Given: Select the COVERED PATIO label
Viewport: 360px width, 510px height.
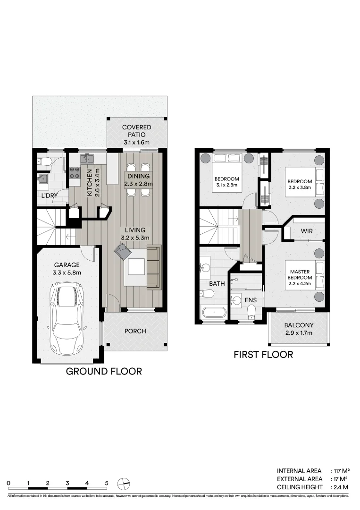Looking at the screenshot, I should pyautogui.click(x=136, y=131).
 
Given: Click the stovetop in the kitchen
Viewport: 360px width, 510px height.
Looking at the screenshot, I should pyautogui.click(x=75, y=173).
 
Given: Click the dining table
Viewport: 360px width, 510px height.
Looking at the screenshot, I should pyautogui.click(x=138, y=180).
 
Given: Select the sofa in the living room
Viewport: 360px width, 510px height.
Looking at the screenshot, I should pyautogui.click(x=154, y=267).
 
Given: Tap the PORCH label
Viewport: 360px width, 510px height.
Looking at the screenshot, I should pyautogui.click(x=135, y=331).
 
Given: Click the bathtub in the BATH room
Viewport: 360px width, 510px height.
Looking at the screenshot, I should pyautogui.click(x=213, y=312).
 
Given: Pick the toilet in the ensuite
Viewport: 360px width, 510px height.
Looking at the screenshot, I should pyautogui.click(x=251, y=310).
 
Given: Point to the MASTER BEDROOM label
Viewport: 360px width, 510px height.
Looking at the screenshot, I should pyautogui.click(x=300, y=274).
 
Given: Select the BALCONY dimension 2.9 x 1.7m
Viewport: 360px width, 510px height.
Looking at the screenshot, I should pyautogui.click(x=299, y=333).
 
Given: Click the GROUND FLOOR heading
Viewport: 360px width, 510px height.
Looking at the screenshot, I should pyautogui.click(x=103, y=371).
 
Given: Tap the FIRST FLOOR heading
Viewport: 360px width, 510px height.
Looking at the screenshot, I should pyautogui.click(x=263, y=354).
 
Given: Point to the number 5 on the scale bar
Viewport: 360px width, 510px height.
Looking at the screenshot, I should pyautogui.click(x=107, y=483).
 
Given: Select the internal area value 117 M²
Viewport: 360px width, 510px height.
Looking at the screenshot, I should pyautogui.click(x=341, y=471).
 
